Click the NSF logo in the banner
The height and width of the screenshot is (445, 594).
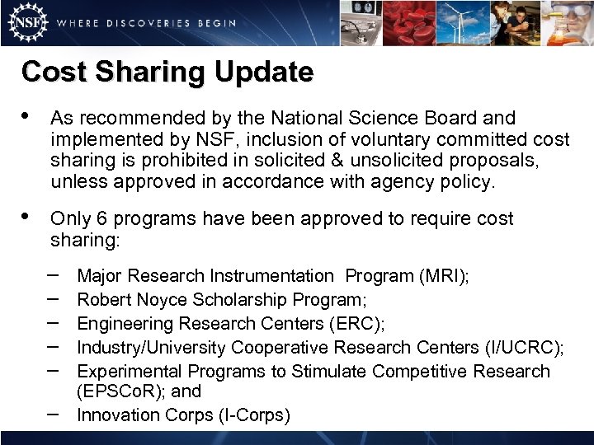[26, 22]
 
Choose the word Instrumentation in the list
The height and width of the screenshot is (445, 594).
[271, 276]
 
